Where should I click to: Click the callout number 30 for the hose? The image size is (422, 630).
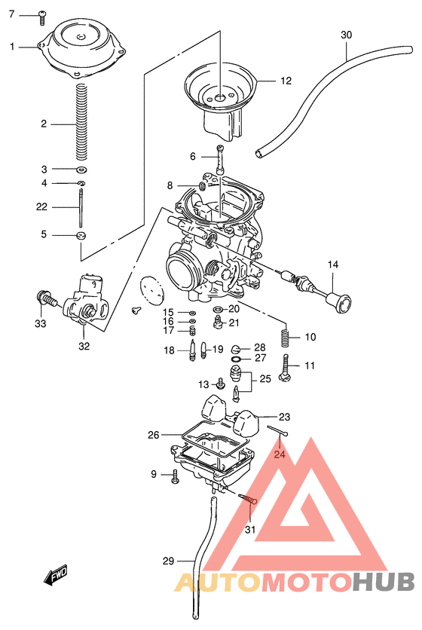click(x=346, y=35)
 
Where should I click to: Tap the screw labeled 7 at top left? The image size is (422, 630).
click(x=42, y=14)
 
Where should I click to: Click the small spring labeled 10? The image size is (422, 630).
click(x=286, y=336)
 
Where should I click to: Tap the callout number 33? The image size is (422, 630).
click(x=19, y=324)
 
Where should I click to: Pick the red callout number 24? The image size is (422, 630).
click(x=280, y=454)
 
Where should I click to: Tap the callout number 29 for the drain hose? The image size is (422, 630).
click(x=168, y=561)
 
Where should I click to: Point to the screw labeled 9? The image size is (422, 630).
click(x=175, y=476)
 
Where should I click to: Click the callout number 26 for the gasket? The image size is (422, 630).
click(x=153, y=435)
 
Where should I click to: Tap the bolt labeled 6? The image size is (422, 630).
click(x=219, y=159)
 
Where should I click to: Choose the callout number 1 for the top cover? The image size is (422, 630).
click(x=12, y=47)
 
